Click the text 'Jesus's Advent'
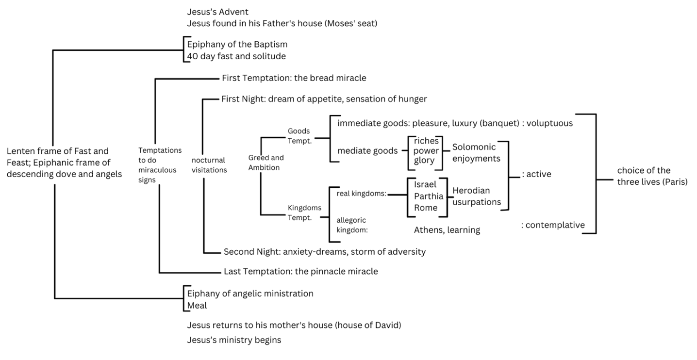(217, 12)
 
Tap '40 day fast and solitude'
(236, 56)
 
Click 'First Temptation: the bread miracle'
(294, 78)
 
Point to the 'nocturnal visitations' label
(209, 165)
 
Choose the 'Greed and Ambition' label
(266, 163)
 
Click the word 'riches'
(426, 141)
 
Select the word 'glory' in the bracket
(424, 161)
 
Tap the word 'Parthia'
(429, 196)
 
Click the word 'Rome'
(426, 208)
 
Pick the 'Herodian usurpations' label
(477, 196)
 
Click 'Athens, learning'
(447, 230)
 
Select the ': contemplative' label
(553, 225)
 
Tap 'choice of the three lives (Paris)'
(652, 176)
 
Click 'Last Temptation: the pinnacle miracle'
(300, 271)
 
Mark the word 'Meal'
(197, 305)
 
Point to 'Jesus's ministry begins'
(234, 340)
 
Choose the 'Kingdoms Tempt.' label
(304, 212)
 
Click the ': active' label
(536, 174)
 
